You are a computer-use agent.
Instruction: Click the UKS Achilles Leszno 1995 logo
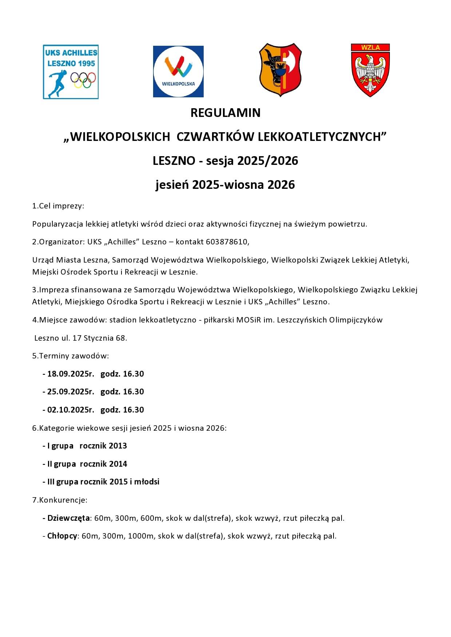pyautogui.click(x=71, y=72)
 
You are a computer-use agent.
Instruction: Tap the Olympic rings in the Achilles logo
pyautogui.click(x=83, y=80)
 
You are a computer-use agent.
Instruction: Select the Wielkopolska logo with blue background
pyautogui.click(x=178, y=72)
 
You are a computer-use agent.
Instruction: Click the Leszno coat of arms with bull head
pyautogui.click(x=280, y=70)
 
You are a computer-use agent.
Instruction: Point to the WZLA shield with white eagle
pyautogui.click(x=370, y=70)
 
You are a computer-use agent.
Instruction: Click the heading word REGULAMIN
pyautogui.click(x=225, y=113)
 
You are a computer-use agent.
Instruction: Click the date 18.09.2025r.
pyautogui.click(x=71, y=374)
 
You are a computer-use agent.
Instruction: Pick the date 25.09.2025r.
pyautogui.click(x=71, y=392)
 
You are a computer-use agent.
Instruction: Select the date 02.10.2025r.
pyautogui.click(x=71, y=410)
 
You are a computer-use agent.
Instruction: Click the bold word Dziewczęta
pyautogui.click(x=68, y=518)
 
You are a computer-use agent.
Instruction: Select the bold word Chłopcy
pyautogui.click(x=62, y=536)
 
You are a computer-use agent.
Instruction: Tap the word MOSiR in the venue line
pyautogui.click(x=249, y=320)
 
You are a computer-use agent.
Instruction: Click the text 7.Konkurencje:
pyautogui.click(x=60, y=500)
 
